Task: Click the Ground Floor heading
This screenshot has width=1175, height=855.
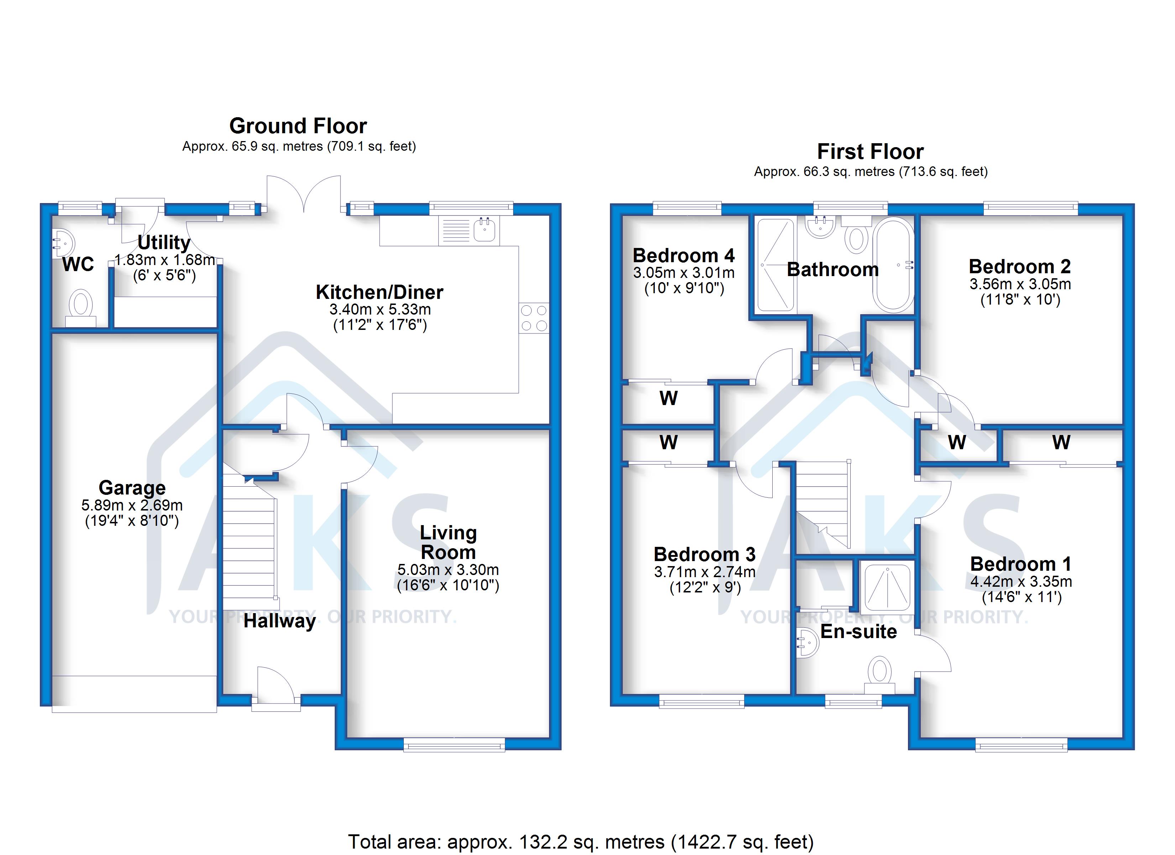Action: point(298,126)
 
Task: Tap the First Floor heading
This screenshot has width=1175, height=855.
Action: point(870,151)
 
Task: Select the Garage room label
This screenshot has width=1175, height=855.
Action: point(132,488)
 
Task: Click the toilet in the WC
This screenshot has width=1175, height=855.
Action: point(81,306)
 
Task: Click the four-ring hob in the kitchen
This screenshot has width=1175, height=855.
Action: point(534,318)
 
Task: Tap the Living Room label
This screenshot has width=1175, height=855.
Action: point(448,542)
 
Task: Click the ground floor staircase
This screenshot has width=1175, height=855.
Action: point(249,544)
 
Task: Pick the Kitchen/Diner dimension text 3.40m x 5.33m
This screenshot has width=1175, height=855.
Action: point(380,310)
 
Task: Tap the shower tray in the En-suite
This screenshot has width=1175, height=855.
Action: point(887,587)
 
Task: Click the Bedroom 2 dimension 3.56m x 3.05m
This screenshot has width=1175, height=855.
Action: point(1020,284)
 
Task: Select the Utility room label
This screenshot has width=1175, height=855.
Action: point(164,242)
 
